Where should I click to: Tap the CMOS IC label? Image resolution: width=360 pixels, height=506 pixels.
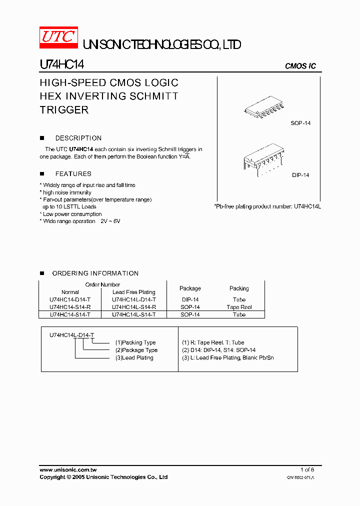[300, 66]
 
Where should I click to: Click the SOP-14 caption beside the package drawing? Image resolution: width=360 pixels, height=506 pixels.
[300, 123]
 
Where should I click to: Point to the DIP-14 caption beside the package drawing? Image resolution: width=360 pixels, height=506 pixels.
[300, 175]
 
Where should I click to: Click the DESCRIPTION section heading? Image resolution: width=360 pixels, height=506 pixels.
[78, 138]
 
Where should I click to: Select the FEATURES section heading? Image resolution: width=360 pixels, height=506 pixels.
[73, 174]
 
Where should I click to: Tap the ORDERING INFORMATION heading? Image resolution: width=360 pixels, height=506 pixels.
[95, 273]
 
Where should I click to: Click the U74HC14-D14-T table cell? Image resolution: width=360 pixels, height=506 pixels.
[70, 299]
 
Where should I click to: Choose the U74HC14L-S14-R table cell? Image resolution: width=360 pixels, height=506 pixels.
[133, 307]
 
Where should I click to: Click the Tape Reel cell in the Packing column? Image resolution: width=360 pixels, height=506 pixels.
[239, 307]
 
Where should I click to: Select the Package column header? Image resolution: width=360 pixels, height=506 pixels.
[190, 288]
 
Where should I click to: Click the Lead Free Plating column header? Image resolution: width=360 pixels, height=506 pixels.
[133, 292]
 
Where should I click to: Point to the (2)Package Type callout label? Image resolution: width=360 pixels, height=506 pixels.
[136, 350]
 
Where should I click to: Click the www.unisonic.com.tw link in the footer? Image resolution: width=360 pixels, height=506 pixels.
[68, 470]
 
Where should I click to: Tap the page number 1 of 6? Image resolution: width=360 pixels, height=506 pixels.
[307, 470]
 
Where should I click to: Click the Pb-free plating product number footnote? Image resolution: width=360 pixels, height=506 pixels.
[267, 206]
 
